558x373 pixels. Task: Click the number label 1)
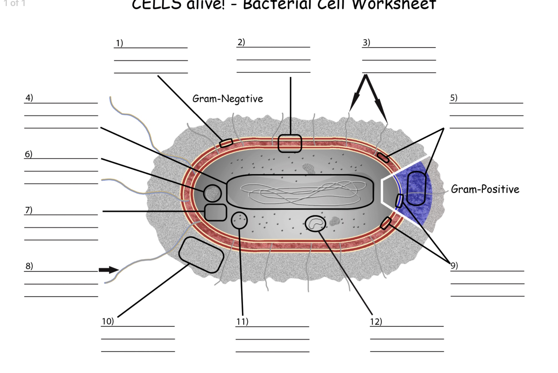click(x=119, y=43)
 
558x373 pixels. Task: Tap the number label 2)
click(x=241, y=42)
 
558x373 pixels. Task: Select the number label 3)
click(x=366, y=43)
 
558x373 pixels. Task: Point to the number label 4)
click(x=29, y=98)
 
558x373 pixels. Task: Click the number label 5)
click(x=453, y=98)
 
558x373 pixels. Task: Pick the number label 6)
click(x=28, y=154)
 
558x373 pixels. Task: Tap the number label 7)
click(x=29, y=210)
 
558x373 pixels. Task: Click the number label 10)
click(x=108, y=321)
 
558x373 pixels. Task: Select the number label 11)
click(x=242, y=321)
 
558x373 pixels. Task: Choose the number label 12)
click(x=376, y=321)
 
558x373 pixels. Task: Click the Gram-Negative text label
click(x=228, y=99)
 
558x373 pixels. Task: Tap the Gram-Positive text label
click(x=485, y=189)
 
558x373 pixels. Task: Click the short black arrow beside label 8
click(x=109, y=270)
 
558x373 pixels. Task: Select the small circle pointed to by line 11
click(x=239, y=220)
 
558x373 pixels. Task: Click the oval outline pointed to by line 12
click(x=315, y=223)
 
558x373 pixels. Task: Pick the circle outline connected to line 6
click(x=212, y=194)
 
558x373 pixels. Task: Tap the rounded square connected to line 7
click(x=216, y=212)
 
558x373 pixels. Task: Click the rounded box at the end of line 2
click(x=290, y=143)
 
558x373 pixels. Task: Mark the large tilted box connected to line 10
click(x=201, y=255)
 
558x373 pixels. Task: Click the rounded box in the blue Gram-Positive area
click(x=416, y=188)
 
